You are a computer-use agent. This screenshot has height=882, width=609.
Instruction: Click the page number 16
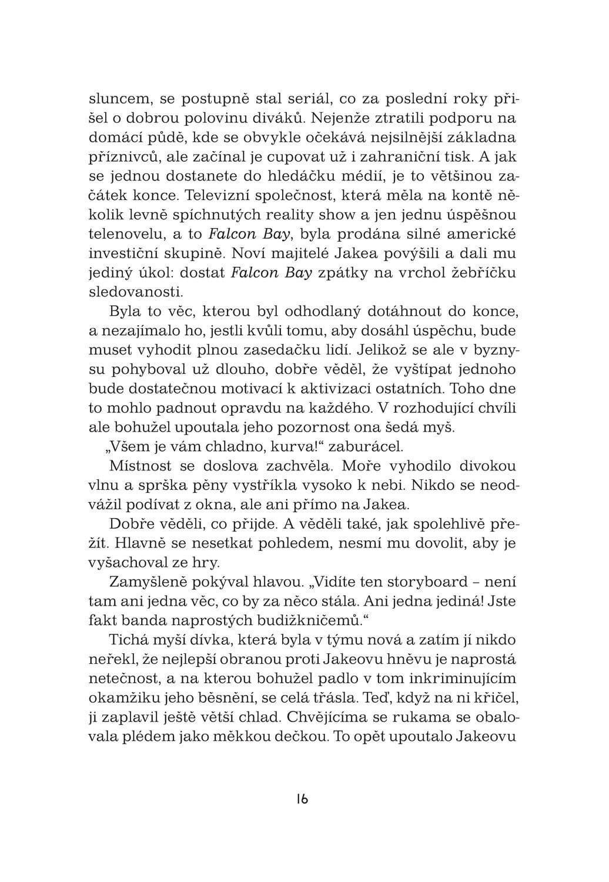pos(302,799)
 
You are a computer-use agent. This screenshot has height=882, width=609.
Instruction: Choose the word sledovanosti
pos(135,292)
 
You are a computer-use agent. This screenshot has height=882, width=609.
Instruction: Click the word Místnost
pos(140,466)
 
